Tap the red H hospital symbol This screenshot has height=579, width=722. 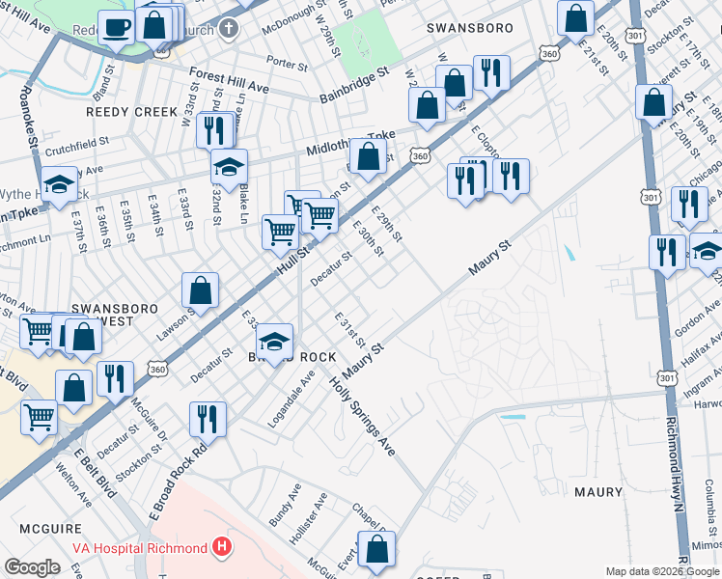pyautogui.click(x=223, y=548)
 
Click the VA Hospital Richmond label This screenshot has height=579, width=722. pyautogui.click(x=140, y=548)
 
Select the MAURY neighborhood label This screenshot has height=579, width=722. pyautogui.click(x=598, y=492)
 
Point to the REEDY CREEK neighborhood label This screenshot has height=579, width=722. pyautogui.click(x=132, y=112)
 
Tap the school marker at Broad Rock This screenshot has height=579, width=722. pyautogui.click(x=275, y=341)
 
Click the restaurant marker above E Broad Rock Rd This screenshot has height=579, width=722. pyautogui.click(x=208, y=419)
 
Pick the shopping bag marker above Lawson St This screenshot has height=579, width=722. pyautogui.click(x=200, y=289)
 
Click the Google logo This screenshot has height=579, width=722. pyautogui.click(x=33, y=567)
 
